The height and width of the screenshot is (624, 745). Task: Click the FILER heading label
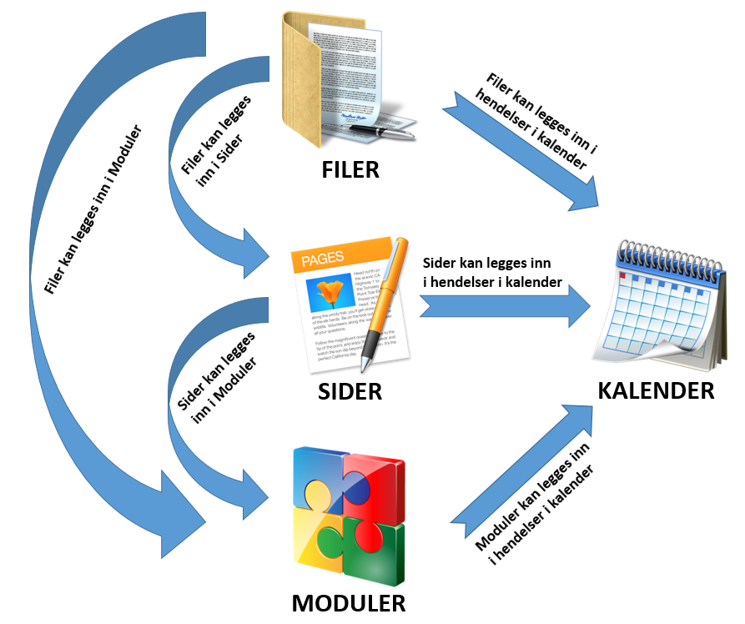[350, 169]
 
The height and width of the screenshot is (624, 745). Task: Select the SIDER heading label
[350, 390]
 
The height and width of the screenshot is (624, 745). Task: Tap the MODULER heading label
[350, 603]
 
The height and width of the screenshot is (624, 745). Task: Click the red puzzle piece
[376, 484]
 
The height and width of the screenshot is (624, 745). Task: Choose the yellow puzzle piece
[320, 546]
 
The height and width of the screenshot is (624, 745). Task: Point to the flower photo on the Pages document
[333, 294]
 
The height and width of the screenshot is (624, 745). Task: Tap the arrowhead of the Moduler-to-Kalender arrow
[579, 417]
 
